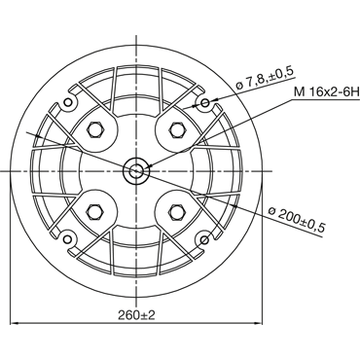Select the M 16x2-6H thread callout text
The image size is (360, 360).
[x=327, y=92]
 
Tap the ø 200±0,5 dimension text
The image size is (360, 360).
[x=297, y=220]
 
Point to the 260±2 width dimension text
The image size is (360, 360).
[x=136, y=314]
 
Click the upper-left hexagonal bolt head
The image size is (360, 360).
[x=95, y=130]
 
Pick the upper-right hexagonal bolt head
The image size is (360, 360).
[x=177, y=130]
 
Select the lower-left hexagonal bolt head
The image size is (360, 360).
[x=95, y=212]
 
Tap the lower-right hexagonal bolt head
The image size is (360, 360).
[x=177, y=212]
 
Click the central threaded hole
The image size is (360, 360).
[x=136, y=171]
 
